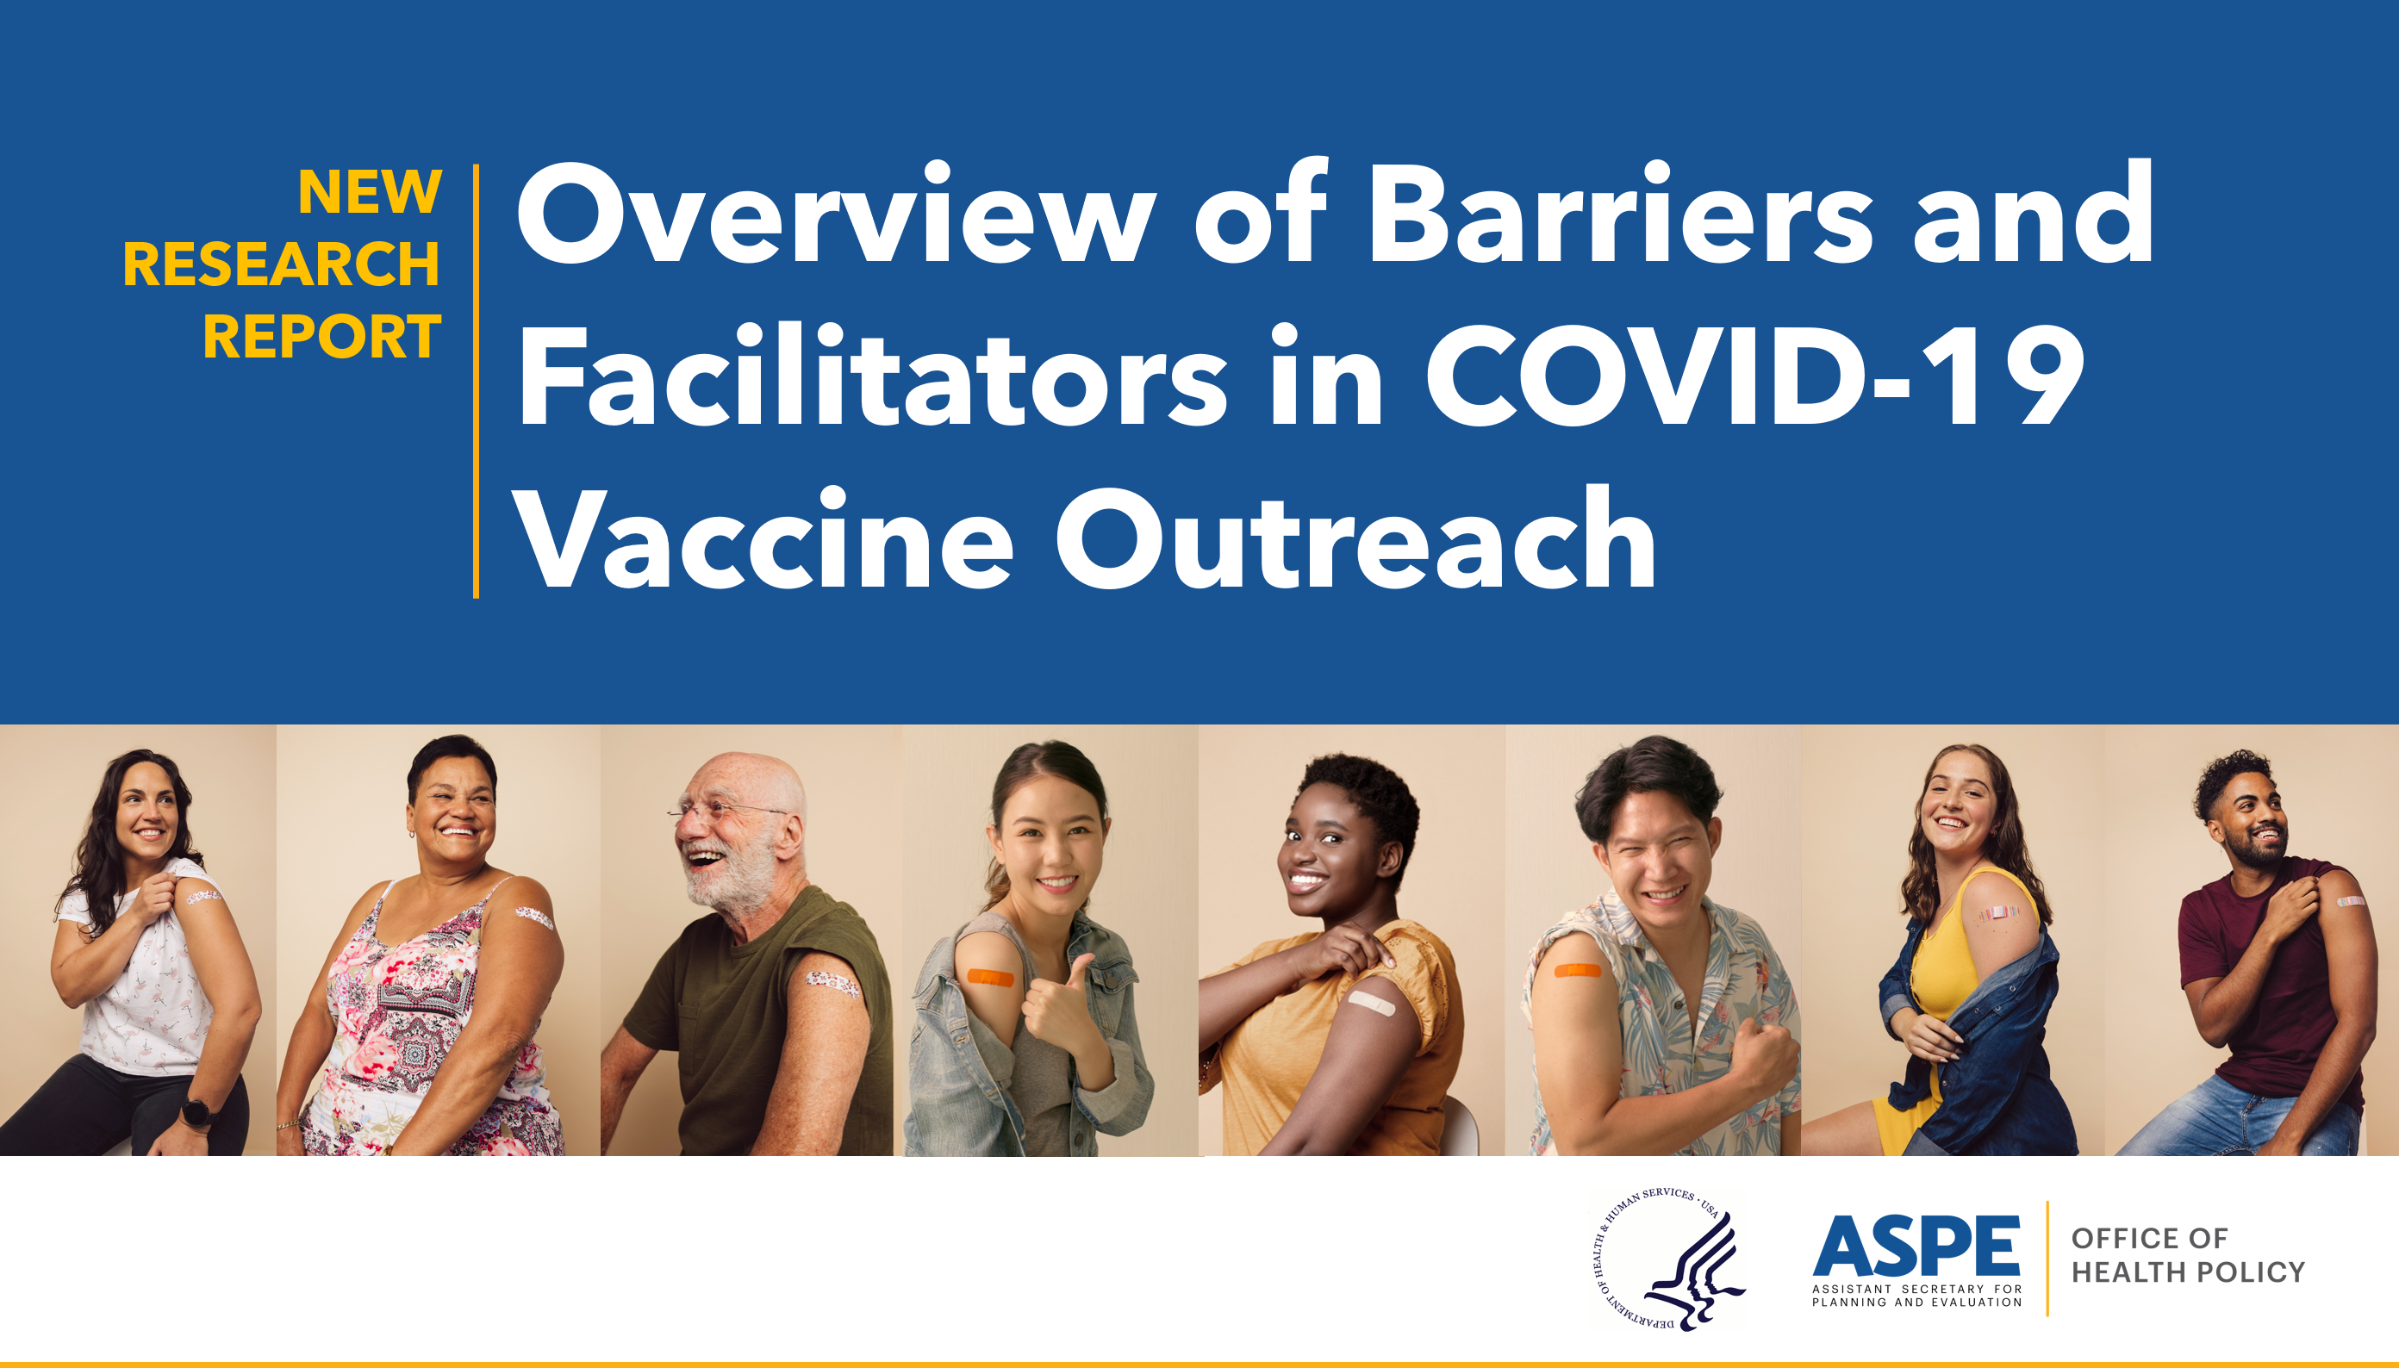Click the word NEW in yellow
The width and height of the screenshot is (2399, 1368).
(x=370, y=193)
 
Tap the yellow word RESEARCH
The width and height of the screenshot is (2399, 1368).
(x=281, y=265)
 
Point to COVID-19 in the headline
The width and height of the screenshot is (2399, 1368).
(x=1754, y=376)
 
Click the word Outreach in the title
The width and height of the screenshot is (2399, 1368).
(x=1354, y=540)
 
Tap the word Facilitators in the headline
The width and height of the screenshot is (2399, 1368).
(x=872, y=376)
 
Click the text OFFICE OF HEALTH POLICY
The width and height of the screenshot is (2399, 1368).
(x=2188, y=1255)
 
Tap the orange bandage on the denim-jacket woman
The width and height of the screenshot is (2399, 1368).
(x=990, y=977)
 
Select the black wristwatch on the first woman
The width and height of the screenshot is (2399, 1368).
(x=196, y=1112)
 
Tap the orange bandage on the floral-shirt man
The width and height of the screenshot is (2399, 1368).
(x=1577, y=970)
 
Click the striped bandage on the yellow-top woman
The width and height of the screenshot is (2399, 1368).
(x=1998, y=912)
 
